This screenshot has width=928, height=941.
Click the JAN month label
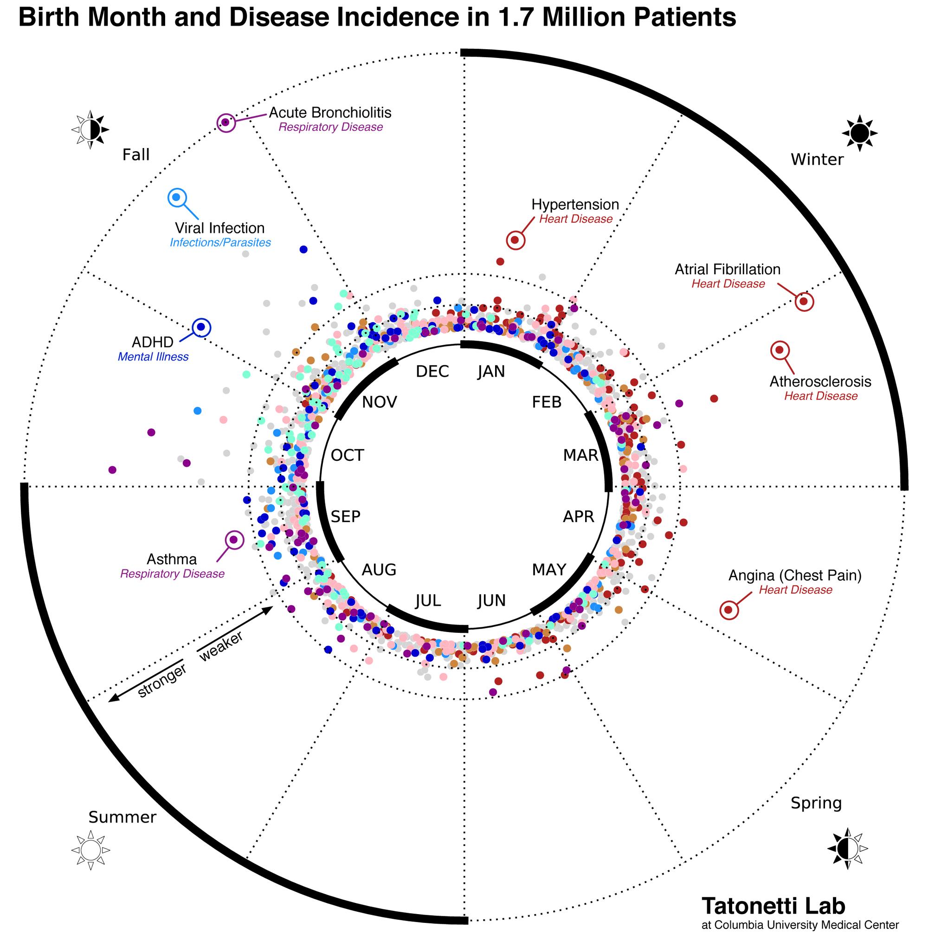[x=490, y=372]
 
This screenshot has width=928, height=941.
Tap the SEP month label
[x=345, y=516]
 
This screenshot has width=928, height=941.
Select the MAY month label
[x=548, y=569]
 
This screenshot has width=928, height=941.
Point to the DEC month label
[x=432, y=372]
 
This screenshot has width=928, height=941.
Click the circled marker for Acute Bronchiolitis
[x=226, y=122]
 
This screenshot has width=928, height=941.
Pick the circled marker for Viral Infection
[x=177, y=197]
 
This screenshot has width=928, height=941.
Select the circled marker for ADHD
[x=201, y=327]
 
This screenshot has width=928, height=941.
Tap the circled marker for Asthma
[x=234, y=540]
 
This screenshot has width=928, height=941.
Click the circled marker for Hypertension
[x=515, y=240]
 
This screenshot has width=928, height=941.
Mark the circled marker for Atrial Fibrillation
[x=804, y=302]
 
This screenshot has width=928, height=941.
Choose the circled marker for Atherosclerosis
[x=780, y=350]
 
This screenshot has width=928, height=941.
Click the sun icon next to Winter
[x=859, y=133]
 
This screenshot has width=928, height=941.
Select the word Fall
[x=136, y=155]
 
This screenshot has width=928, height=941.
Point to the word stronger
[x=162, y=680]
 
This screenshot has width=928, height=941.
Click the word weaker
[x=221, y=647]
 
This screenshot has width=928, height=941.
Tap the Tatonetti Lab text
[x=773, y=905]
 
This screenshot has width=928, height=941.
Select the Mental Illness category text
[x=153, y=357]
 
